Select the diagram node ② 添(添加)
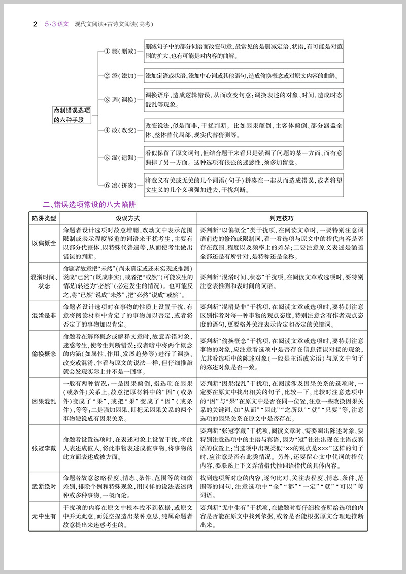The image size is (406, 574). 120,76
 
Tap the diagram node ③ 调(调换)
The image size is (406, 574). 120,100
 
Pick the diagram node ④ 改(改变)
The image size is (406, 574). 120,130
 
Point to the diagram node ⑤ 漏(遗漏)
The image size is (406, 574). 120,158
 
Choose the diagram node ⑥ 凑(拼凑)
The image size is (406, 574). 120,185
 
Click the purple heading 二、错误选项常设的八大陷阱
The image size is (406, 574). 85,205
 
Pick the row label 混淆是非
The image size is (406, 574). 45,316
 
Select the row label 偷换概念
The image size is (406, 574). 45,354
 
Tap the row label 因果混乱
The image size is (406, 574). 45,401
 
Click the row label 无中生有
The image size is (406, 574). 45,516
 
